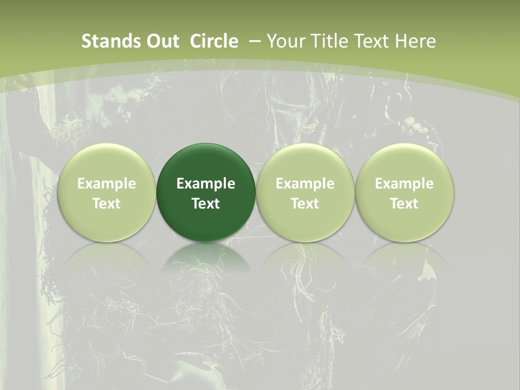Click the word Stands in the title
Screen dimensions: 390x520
(x=105, y=41)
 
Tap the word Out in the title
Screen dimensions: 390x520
(x=158, y=41)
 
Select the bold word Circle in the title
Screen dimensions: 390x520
(x=214, y=41)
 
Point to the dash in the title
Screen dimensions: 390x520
(x=254, y=41)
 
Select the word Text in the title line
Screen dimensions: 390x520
(x=373, y=41)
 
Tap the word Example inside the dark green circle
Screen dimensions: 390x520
(x=206, y=184)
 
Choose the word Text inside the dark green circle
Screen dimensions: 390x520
(x=206, y=204)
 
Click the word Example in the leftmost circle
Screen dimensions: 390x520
(x=106, y=184)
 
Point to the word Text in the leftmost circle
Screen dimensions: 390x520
(x=106, y=204)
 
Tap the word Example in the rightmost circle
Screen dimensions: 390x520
(x=405, y=184)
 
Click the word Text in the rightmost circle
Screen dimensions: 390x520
(x=405, y=204)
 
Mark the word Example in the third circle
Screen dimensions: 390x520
(x=305, y=184)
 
